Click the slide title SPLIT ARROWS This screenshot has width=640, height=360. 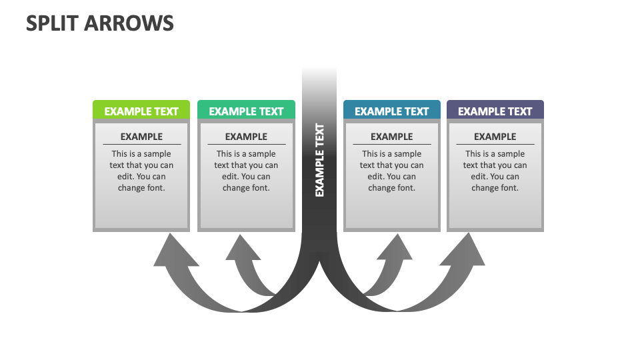click(100, 23)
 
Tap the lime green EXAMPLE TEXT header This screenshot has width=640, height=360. click(141, 111)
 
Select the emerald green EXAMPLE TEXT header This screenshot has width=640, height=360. click(246, 111)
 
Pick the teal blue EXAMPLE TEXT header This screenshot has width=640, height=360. click(391, 111)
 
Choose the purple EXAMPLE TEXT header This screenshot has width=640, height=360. click(495, 111)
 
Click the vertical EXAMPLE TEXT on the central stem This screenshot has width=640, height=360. click(319, 160)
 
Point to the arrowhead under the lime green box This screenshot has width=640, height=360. click(172, 253)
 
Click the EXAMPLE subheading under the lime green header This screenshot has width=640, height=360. click(141, 137)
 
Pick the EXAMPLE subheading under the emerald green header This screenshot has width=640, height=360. click(246, 137)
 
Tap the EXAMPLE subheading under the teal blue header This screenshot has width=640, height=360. click(391, 137)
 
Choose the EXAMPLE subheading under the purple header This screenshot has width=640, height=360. click(495, 137)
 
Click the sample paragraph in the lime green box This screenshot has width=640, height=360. click(141, 171)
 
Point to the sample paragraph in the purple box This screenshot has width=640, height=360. click(495, 171)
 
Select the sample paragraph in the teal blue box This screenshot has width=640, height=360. click(391, 171)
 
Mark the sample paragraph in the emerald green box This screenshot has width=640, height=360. click(246, 171)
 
